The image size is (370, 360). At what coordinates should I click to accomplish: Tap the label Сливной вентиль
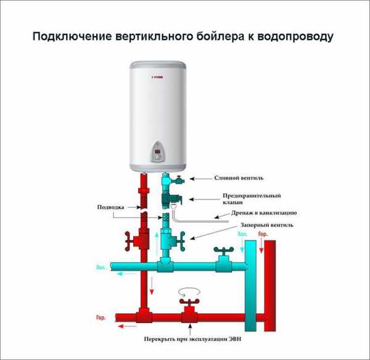239,178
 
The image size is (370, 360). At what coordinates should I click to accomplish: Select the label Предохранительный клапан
252,199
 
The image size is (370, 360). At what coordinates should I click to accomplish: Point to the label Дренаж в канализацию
264,213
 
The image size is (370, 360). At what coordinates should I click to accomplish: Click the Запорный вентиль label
267,225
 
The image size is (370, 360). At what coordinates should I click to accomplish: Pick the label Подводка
110,207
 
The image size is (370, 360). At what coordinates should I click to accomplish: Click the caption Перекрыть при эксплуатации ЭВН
193,339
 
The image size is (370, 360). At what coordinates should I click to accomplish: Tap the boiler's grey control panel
157,152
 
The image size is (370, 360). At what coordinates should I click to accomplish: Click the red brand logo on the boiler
158,77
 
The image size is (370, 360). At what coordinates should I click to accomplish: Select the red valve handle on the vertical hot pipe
128,241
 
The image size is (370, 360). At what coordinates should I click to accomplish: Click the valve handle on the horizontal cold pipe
223,250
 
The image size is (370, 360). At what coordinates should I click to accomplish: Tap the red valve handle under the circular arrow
189,301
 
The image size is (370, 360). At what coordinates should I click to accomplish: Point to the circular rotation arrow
189,292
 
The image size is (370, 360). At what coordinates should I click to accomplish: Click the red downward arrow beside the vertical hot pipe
152,285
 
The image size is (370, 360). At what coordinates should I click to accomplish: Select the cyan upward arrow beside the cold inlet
157,244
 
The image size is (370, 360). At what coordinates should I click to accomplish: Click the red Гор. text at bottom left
101,317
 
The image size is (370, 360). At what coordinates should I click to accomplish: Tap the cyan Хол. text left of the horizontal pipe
102,268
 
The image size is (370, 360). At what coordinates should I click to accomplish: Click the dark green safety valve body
171,200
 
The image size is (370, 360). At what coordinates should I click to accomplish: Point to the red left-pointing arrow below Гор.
128,327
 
